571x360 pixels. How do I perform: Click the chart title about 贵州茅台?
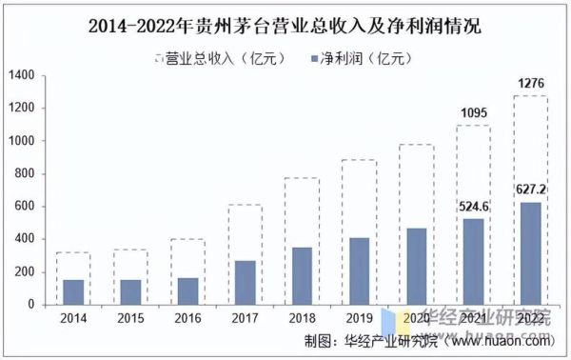285,27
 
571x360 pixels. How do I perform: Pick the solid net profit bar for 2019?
359,271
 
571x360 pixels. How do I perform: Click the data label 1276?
530,84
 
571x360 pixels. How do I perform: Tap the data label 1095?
473,114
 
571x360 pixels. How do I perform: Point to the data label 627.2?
530,189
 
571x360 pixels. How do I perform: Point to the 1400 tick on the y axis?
21,75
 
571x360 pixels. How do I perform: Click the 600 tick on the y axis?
25,207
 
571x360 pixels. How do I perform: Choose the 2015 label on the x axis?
130,318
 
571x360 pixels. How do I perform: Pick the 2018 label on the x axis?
302,318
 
